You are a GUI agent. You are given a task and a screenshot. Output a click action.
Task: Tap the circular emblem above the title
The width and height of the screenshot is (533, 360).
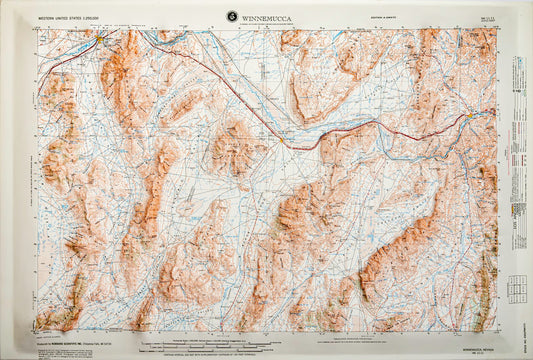232,15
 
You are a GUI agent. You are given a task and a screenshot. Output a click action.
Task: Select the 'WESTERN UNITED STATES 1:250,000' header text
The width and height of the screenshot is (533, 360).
75,17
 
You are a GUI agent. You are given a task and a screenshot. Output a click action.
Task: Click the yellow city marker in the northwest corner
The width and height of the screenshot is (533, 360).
102,40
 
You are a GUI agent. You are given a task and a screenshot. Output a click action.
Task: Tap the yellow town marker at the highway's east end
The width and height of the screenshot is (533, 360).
469,118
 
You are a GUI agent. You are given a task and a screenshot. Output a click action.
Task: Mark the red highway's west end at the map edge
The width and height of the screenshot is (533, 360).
38,97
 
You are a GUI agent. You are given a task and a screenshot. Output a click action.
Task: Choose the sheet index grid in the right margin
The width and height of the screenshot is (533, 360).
517,289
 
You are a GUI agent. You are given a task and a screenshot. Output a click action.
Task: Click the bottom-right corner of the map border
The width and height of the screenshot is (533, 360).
496,332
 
